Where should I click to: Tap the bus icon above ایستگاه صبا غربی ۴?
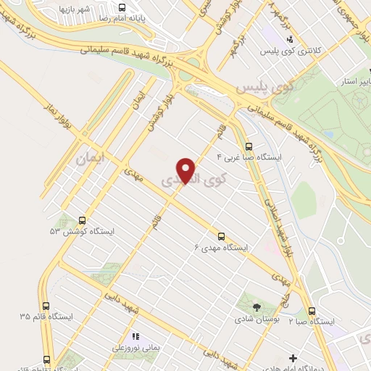249,144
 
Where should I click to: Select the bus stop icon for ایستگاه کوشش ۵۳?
82,221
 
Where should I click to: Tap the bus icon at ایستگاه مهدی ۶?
221,236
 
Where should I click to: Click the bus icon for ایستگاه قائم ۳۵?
46,306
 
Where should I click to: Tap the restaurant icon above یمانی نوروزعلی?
134,336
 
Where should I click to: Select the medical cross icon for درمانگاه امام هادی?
292,358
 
